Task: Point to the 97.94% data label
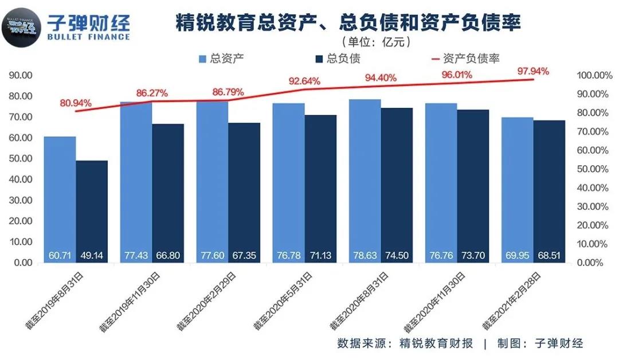(533, 72)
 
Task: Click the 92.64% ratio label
(304, 81)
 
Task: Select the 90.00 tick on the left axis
(21, 75)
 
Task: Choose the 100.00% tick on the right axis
(591, 76)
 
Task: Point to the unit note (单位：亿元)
(376, 42)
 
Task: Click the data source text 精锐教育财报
(436, 343)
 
